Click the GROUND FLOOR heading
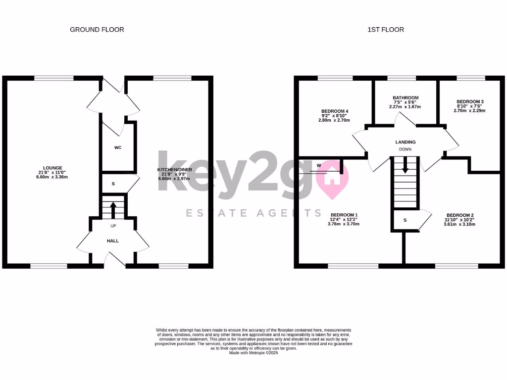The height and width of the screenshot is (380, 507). (97, 30)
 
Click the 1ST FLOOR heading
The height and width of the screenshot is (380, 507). (386, 30)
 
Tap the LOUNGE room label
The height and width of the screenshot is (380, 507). (52, 168)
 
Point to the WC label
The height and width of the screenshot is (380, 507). (118, 147)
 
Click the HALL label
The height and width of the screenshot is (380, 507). (113, 241)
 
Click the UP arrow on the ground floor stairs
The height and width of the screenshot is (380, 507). (113, 210)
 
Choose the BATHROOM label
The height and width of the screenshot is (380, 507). (406, 98)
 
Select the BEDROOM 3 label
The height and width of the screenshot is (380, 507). (470, 102)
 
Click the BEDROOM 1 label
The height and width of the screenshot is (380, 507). (344, 215)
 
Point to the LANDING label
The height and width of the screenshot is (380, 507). (405, 142)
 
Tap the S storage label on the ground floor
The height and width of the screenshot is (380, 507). (113, 184)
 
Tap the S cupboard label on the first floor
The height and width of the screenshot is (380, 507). (405, 220)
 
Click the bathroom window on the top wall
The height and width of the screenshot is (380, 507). (402, 78)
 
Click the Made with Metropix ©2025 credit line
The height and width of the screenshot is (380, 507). (253, 353)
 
